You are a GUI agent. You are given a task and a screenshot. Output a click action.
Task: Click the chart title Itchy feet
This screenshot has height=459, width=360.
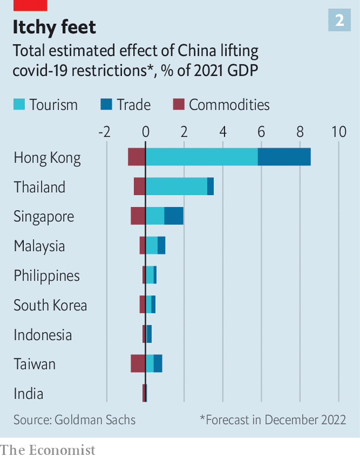click(54, 27)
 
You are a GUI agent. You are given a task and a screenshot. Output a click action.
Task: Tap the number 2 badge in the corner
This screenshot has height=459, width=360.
click(339, 21)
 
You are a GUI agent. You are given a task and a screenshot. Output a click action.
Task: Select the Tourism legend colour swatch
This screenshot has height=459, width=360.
click(20, 105)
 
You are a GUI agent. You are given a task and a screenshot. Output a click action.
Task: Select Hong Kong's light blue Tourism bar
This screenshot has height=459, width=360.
click(201, 157)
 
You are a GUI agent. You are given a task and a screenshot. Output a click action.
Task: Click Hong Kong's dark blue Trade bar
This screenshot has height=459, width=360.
click(284, 157)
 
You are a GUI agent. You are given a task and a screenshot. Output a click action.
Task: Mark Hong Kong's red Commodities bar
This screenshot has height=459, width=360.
click(137, 157)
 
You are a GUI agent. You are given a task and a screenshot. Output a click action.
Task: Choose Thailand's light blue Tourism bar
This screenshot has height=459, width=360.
click(176, 186)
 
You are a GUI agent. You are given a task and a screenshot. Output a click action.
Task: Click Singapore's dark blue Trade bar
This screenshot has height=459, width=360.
click(174, 216)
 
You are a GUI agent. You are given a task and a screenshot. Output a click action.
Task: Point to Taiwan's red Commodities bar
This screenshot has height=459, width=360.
click(138, 363)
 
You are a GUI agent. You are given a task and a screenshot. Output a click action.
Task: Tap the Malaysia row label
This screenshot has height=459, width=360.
click(39, 246)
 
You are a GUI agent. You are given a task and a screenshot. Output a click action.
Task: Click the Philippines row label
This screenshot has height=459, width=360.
click(47, 276)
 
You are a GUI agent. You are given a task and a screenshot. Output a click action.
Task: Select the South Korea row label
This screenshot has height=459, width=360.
click(50, 305)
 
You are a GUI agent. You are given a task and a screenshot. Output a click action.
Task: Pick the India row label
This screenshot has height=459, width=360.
click(28, 393)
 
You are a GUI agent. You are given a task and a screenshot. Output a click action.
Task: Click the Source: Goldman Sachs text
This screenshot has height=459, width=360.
click(75, 420)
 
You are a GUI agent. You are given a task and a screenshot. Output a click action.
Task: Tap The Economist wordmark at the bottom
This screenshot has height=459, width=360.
click(47, 450)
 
